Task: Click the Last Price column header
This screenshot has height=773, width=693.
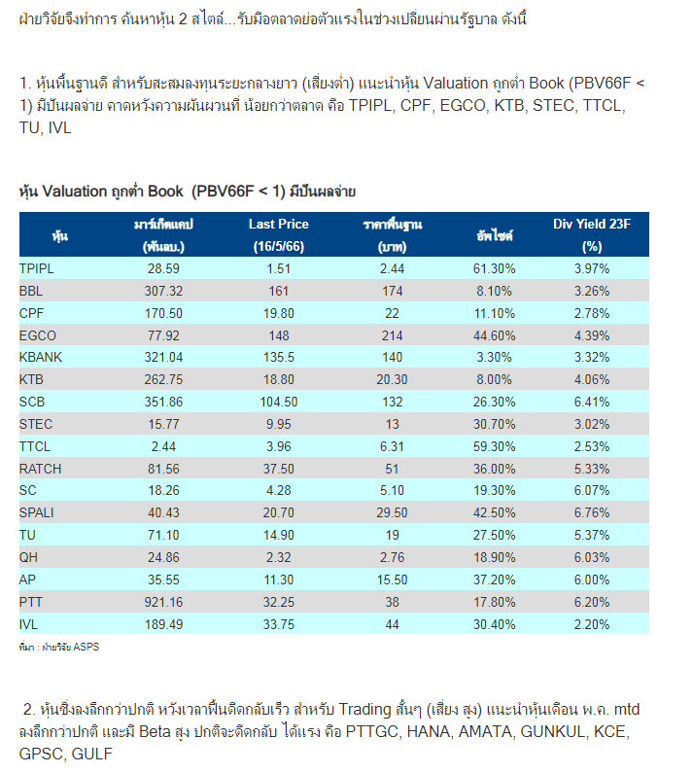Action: tap(279, 235)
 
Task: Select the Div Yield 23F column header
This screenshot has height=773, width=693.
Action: tap(592, 235)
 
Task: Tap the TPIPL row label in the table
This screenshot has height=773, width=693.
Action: tap(37, 268)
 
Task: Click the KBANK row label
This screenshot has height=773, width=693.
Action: tap(41, 357)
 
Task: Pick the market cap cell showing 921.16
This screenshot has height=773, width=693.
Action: tap(163, 602)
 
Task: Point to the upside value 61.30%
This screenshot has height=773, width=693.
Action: tap(495, 268)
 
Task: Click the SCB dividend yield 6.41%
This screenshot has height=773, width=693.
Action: tap(592, 402)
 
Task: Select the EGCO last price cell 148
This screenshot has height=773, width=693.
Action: tap(279, 335)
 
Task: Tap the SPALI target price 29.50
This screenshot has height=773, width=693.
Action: tap(392, 512)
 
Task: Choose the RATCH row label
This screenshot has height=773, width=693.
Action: tap(41, 469)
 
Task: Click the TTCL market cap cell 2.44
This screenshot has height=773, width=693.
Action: tap(163, 446)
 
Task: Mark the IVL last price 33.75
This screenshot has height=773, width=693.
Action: tap(279, 624)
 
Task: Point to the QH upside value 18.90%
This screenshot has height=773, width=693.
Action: tap(495, 557)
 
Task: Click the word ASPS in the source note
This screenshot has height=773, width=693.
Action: tap(87, 647)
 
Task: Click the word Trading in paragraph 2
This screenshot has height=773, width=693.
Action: tap(364, 710)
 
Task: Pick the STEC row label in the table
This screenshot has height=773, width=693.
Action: tap(36, 425)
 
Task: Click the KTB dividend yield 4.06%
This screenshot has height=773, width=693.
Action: tap(592, 379)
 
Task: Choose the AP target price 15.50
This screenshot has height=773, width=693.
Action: tap(392, 580)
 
